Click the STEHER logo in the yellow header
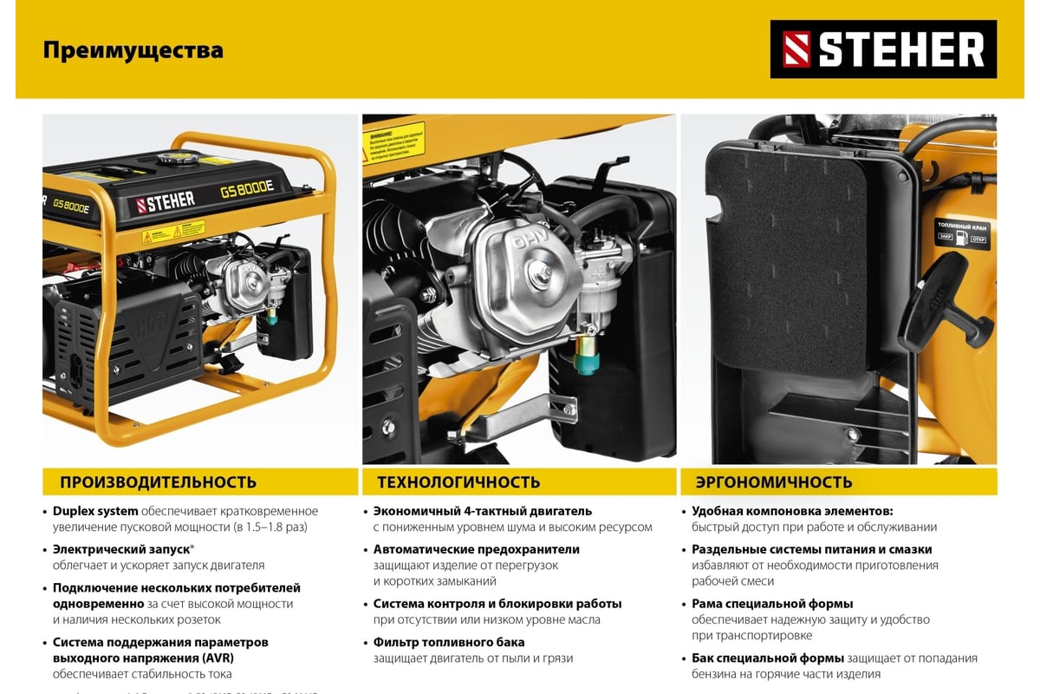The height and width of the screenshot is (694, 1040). [x=883, y=49]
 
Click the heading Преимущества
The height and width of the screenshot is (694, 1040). [x=133, y=50]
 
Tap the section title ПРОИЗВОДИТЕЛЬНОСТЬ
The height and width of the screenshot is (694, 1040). [x=158, y=482]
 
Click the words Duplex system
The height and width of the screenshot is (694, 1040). [x=95, y=511]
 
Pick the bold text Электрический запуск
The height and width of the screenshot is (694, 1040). [x=120, y=549]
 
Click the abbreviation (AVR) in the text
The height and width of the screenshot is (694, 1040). [x=216, y=658]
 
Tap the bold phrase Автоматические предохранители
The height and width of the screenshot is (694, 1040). [x=477, y=549]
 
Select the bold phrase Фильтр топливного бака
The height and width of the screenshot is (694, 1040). [x=449, y=643]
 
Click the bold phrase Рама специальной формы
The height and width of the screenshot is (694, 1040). [x=772, y=604]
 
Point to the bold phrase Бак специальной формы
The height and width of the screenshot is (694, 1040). [x=767, y=658]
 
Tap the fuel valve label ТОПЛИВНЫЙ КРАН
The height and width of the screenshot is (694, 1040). [x=962, y=226]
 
